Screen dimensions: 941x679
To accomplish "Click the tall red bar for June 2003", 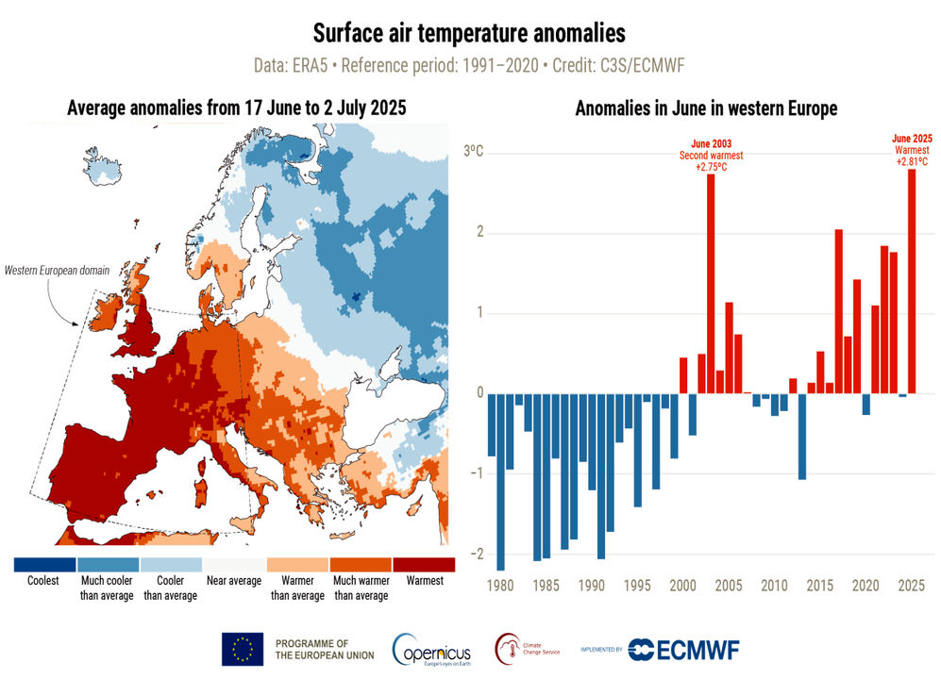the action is pyautogui.click(x=711, y=284).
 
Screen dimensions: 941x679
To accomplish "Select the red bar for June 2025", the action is pyautogui.click(x=912, y=281).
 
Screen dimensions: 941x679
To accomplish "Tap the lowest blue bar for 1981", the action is pyautogui.click(x=500, y=482).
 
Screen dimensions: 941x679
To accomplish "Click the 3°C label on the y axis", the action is pyautogui.click(x=473, y=151).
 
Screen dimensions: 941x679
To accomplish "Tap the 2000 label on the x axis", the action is pyautogui.click(x=683, y=586).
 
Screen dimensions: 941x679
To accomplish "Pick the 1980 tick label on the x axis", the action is pyautogui.click(x=500, y=586).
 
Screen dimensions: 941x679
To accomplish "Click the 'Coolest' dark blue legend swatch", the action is pyautogui.click(x=45, y=565).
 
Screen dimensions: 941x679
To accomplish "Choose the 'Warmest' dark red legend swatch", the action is pyautogui.click(x=424, y=565).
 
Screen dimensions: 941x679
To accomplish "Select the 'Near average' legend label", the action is pyautogui.click(x=234, y=581).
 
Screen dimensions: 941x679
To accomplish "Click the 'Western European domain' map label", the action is pyautogui.click(x=57, y=271).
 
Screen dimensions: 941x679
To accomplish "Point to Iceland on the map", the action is pyautogui.click(x=103, y=166).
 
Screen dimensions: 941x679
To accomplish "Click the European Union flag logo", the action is pyautogui.click(x=243, y=649).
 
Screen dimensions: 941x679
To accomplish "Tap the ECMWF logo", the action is pyautogui.click(x=683, y=650).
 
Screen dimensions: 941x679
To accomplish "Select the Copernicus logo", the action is pyautogui.click(x=431, y=650).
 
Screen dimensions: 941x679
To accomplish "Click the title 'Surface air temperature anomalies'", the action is pyautogui.click(x=469, y=33).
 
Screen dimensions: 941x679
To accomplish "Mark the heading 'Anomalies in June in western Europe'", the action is pyautogui.click(x=706, y=108).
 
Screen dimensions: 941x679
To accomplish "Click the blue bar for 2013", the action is pyautogui.click(x=801, y=436).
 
